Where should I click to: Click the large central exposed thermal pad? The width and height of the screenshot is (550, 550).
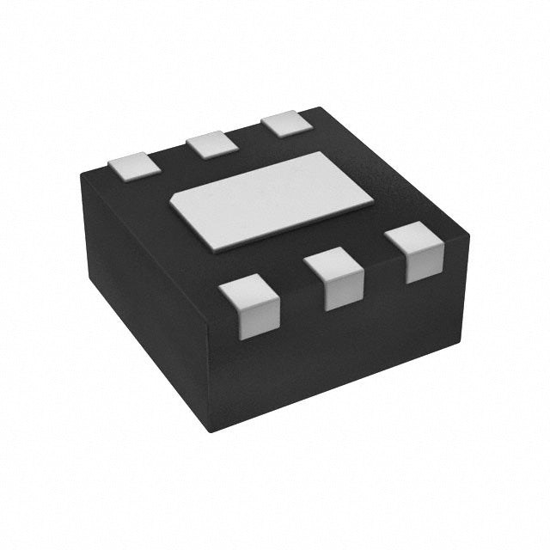(x=271, y=201)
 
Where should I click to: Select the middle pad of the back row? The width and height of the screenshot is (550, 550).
(x=212, y=144)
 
